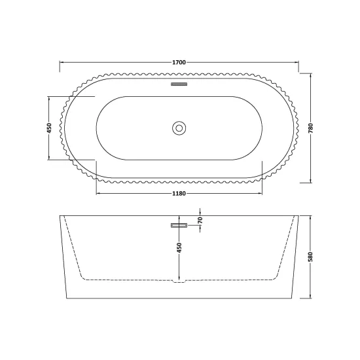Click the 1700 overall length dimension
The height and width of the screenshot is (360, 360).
179,62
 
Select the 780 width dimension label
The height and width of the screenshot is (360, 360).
311,128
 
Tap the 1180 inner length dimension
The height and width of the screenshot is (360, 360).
179,194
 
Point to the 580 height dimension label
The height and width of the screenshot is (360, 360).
311,257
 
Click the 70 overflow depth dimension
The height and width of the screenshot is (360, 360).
200,220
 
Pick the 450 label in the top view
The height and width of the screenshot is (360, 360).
49,128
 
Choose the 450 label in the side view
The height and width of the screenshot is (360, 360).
179,247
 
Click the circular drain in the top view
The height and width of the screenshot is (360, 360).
179,128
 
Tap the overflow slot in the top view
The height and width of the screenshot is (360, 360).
179,84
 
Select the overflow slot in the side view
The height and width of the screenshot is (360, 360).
179,225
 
